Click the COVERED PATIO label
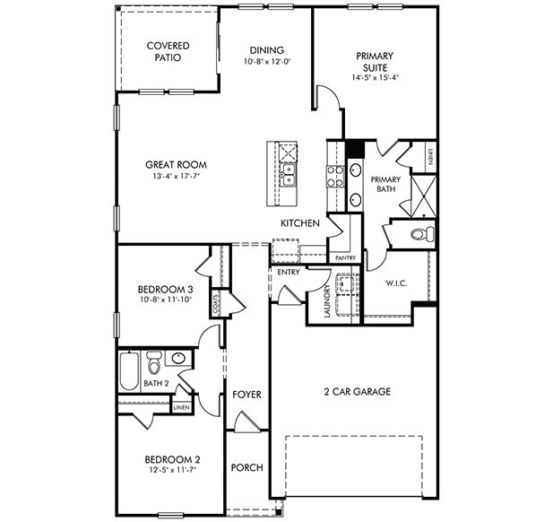[167, 51]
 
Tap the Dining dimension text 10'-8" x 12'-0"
[267, 61]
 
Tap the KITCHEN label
[300, 223]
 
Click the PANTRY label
[345, 257]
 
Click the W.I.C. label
[397, 284]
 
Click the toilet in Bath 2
[153, 362]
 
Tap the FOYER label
[246, 395]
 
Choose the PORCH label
[246, 467]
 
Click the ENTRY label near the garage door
[288, 272]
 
